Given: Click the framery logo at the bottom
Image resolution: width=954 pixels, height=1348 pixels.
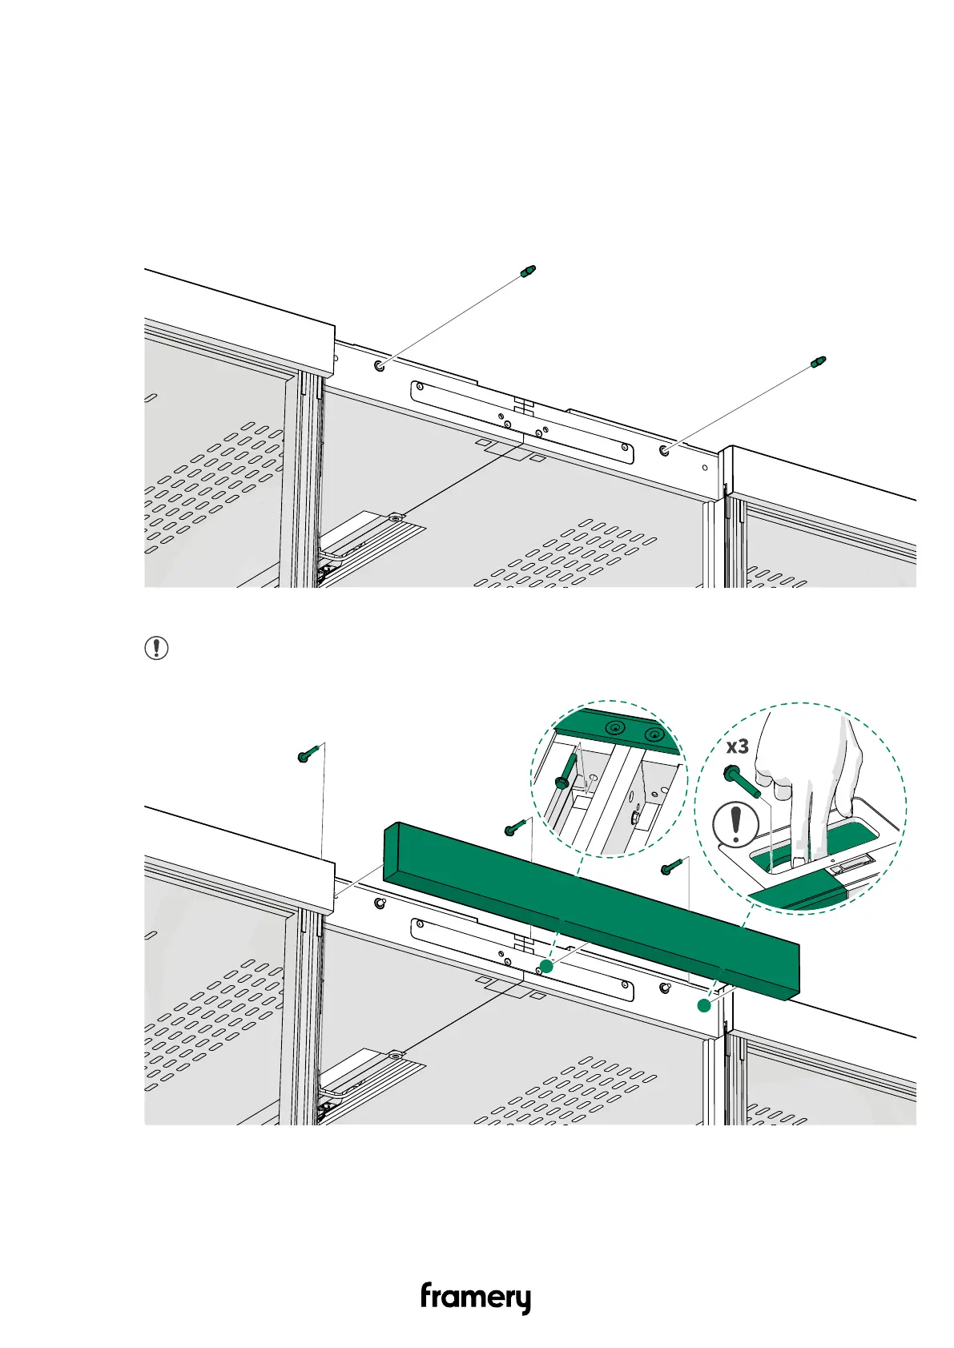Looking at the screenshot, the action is click(475, 1298).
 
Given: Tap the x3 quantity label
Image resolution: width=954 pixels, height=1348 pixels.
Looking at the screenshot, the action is click(737, 747).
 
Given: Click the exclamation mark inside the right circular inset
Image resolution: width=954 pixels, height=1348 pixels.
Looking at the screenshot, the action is click(735, 825).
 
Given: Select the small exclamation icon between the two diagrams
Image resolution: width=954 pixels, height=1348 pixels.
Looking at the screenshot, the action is click(156, 647).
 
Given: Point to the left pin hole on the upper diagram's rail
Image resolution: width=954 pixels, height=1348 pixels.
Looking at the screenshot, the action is click(379, 366).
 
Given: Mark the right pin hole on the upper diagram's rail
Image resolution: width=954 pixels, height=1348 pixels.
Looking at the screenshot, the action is click(665, 451).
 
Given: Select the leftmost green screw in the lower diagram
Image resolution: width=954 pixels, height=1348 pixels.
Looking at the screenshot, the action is click(308, 753).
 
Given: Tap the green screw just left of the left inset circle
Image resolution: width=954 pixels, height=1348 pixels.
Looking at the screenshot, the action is click(513, 827).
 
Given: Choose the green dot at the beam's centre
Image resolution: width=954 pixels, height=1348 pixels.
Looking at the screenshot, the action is click(546, 966).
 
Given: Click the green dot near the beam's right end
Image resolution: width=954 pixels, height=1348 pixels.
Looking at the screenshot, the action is click(703, 1005).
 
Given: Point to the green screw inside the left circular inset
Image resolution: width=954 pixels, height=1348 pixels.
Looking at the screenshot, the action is click(566, 771).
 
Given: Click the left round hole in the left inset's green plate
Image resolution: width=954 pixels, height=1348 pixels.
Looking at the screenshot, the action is click(614, 728).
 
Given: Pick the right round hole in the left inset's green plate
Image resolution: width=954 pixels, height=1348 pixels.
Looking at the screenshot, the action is click(655, 734).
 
